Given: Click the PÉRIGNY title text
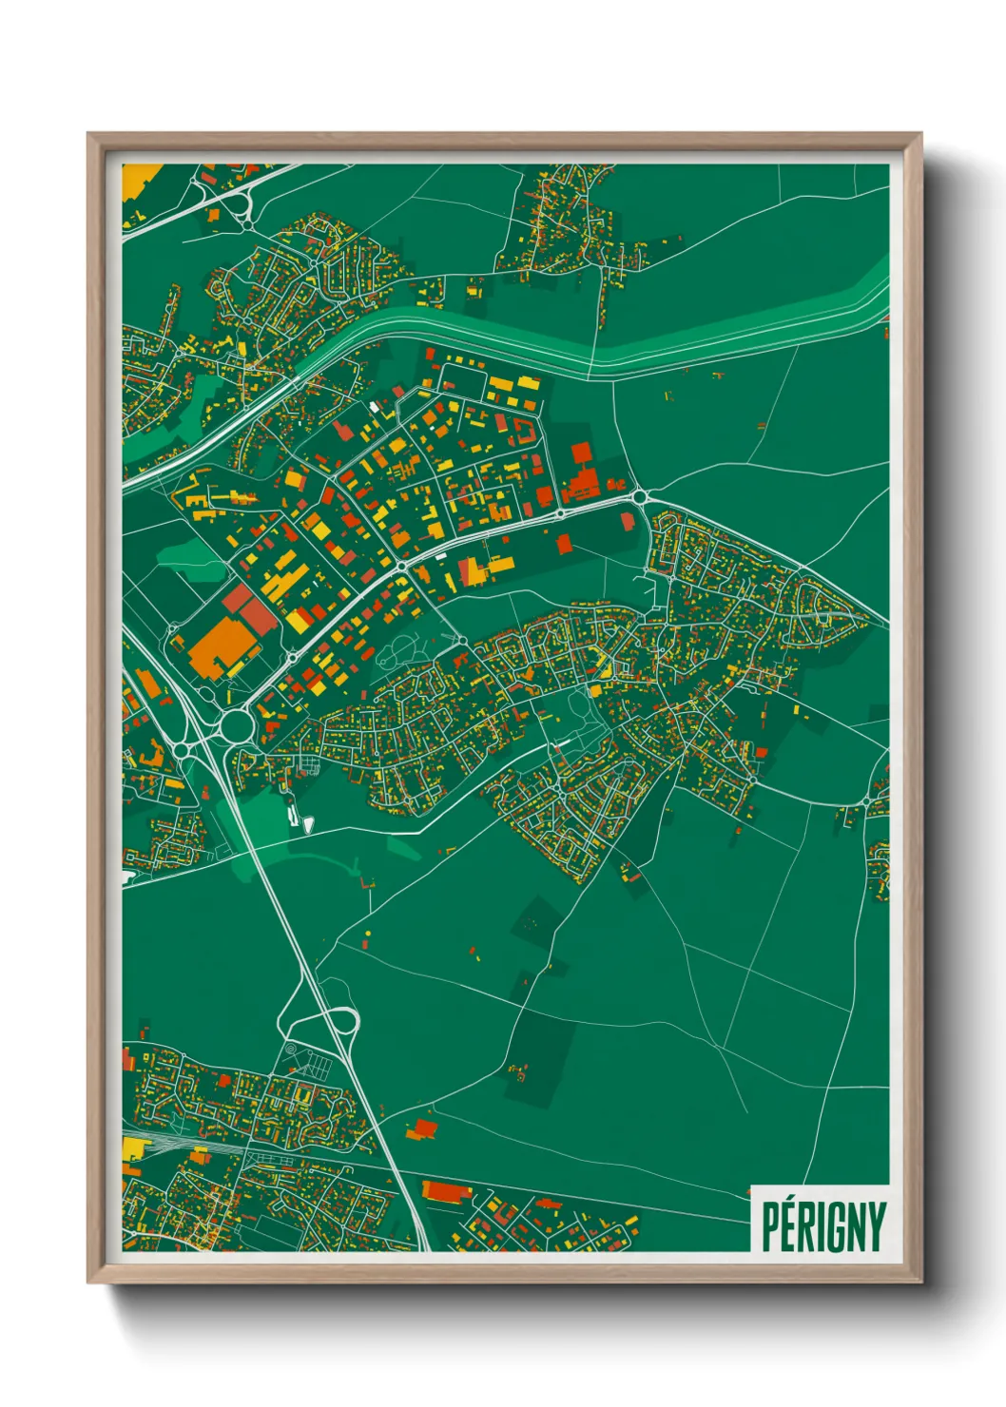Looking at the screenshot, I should tap(822, 1226).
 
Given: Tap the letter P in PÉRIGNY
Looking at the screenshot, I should tap(771, 1227).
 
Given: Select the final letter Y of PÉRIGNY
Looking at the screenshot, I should tap(876, 1227).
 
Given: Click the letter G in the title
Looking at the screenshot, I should tap(834, 1227).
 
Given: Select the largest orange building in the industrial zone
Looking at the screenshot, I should tap(224, 646).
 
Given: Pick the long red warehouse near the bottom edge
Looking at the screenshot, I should tap(446, 1190).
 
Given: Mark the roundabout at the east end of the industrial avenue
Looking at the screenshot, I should tap(639, 496).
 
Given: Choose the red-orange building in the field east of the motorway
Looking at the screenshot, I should tap(422, 1128).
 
